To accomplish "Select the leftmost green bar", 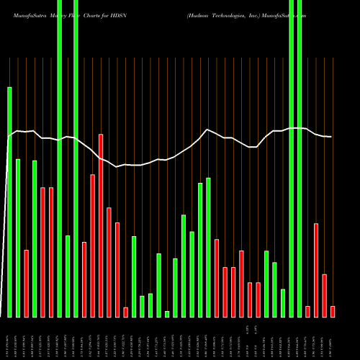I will (10, 202).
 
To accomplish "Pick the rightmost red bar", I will (333, 311).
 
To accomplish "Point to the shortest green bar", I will (167, 314).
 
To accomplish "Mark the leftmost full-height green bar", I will (60, 180).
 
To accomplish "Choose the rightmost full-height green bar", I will (300, 180).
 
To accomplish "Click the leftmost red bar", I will (27, 283).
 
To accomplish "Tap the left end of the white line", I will (7, 137).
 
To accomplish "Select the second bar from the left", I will (18, 238).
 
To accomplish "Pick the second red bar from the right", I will (324, 295).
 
